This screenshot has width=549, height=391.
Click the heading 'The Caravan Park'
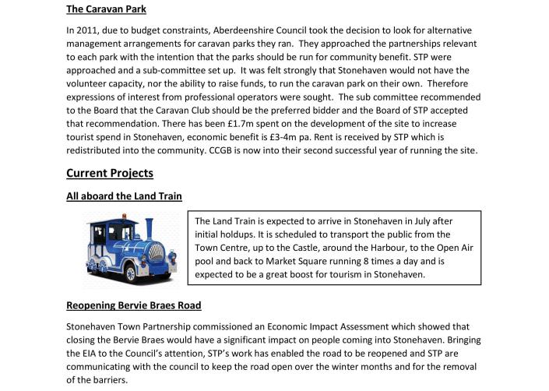coord(106,9)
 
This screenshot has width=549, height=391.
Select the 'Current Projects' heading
coord(110,172)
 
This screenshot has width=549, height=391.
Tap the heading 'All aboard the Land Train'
coord(125,196)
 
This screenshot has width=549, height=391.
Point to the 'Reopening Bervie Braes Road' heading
coord(134,305)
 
